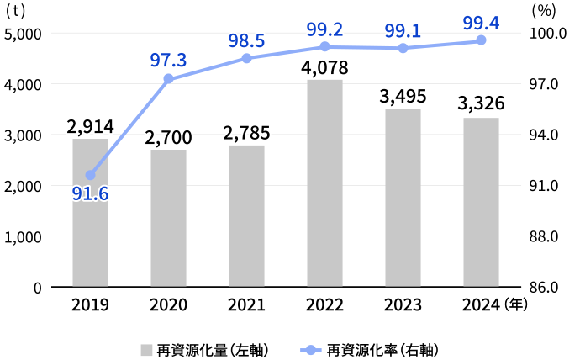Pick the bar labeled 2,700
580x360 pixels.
[x=168, y=219]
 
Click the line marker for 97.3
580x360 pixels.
[x=168, y=79]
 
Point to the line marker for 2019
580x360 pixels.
[x=90, y=175]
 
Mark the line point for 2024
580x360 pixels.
[x=481, y=40]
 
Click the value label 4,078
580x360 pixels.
[x=324, y=66]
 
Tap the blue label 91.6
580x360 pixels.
[x=90, y=194]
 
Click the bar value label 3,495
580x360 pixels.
[x=403, y=96]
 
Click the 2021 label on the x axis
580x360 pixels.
[x=246, y=306]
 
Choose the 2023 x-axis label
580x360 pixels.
[x=403, y=306]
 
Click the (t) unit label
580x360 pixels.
[x=16, y=11]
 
